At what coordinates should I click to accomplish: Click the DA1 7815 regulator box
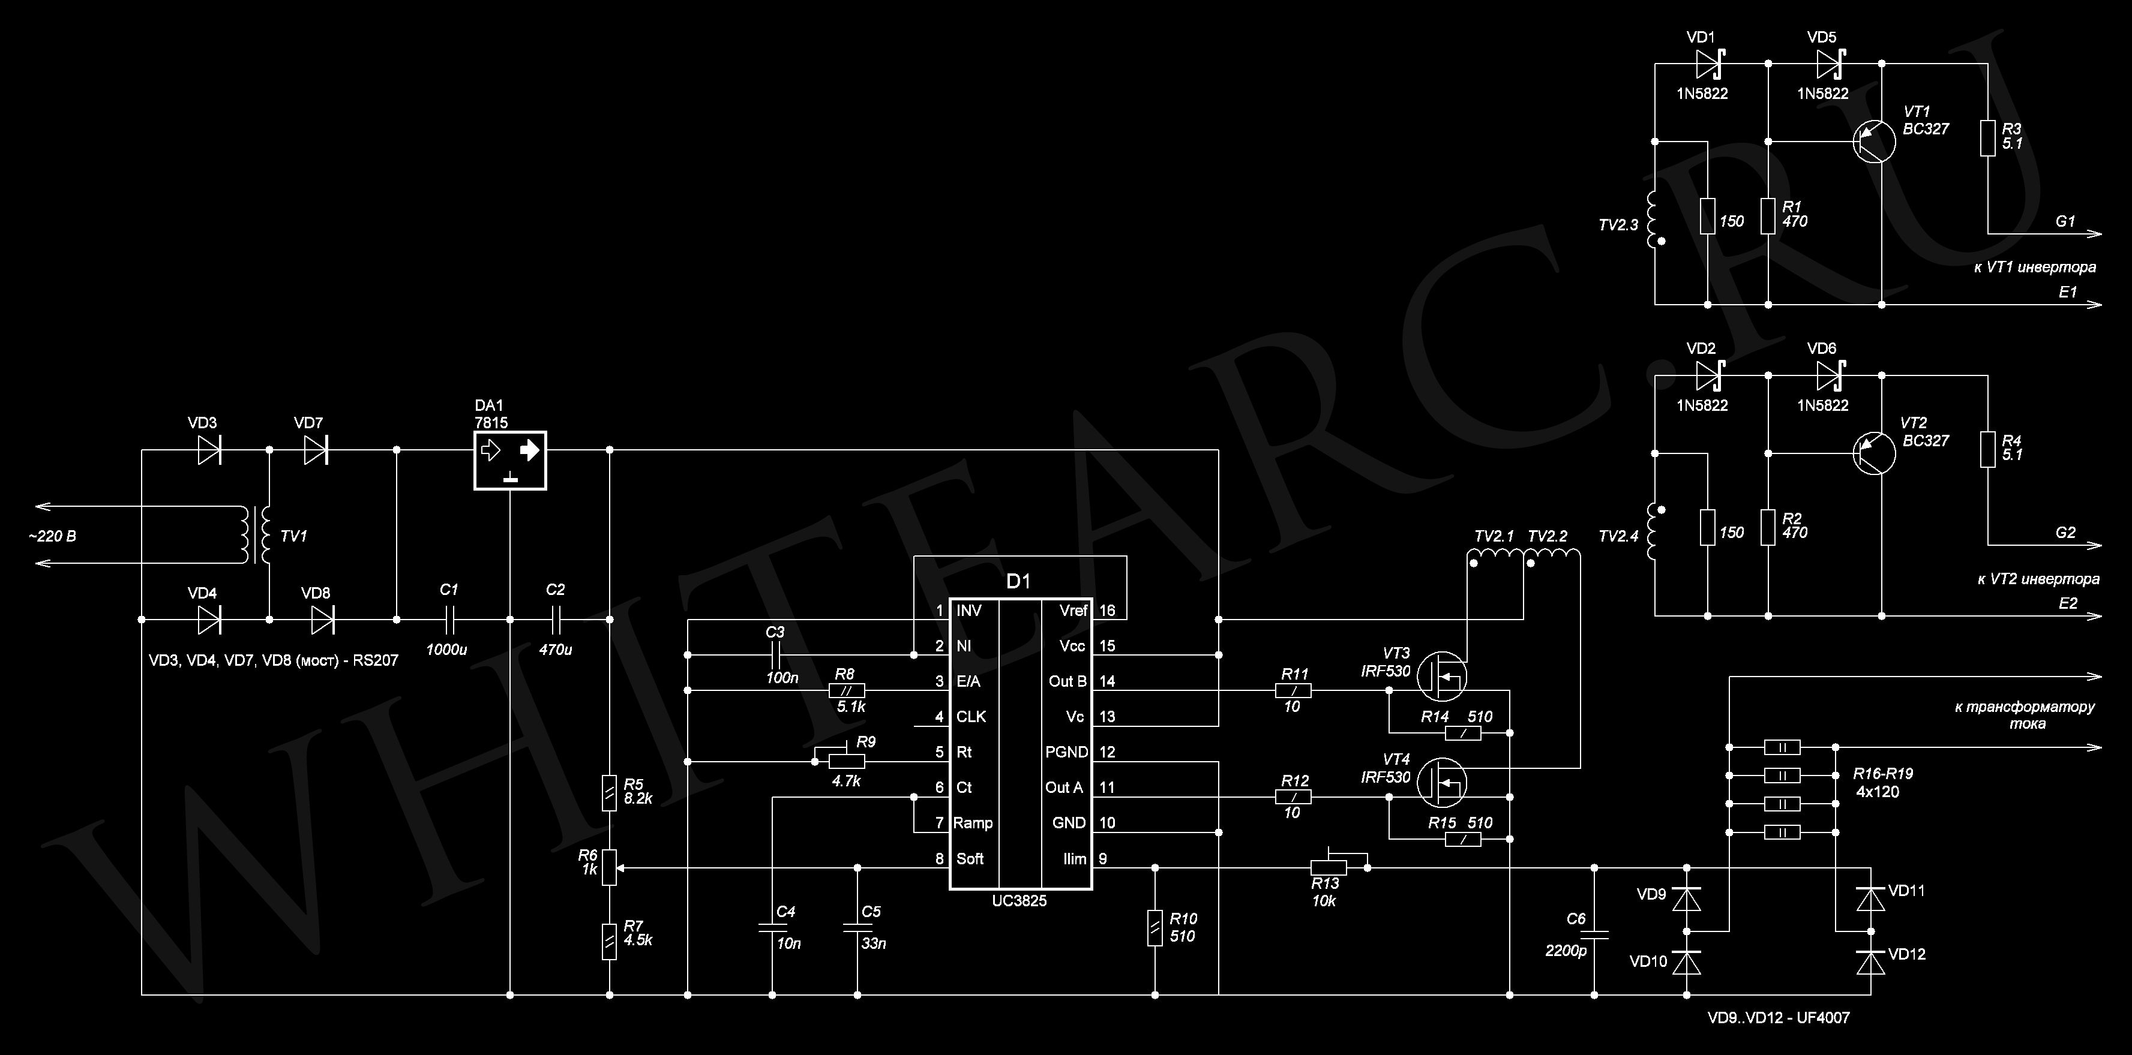(x=510, y=460)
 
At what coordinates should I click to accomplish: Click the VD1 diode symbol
(x=1707, y=63)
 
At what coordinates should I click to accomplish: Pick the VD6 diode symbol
(x=1828, y=375)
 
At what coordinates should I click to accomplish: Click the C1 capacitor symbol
(x=449, y=619)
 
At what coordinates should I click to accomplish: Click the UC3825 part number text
(x=1019, y=901)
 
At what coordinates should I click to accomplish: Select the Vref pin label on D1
(x=1074, y=611)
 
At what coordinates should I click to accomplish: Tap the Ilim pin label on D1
(x=1075, y=859)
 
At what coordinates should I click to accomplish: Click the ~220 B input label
(x=52, y=536)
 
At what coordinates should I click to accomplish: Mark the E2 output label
(x=2067, y=603)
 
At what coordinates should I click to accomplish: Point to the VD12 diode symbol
(x=1870, y=962)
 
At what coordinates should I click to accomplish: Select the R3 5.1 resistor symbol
(x=1987, y=138)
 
